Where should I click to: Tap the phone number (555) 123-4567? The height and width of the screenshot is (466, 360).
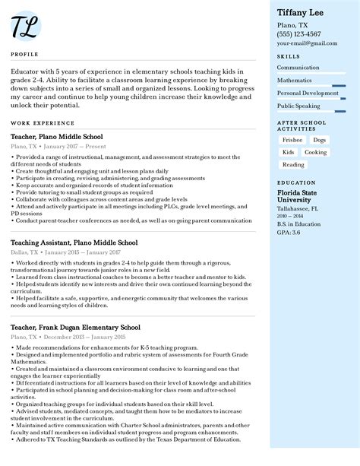click(x=298, y=34)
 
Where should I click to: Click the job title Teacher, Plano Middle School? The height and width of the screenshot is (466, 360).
click(x=57, y=137)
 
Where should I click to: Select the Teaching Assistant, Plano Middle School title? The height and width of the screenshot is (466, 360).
click(x=74, y=243)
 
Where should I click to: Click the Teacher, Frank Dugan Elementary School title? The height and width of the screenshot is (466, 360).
click(x=75, y=328)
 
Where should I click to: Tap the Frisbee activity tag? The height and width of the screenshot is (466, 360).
click(x=292, y=141)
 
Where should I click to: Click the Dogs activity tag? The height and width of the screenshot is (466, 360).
click(x=320, y=141)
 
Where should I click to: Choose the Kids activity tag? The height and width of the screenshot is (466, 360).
click(x=288, y=152)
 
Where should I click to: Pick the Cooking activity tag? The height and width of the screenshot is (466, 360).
click(x=315, y=152)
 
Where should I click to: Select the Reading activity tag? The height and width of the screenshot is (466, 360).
click(x=293, y=164)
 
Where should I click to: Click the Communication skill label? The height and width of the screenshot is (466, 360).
click(x=298, y=68)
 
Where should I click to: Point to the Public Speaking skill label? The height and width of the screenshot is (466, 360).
click(x=298, y=106)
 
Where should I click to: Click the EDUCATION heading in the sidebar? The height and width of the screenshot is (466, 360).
click(x=296, y=183)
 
